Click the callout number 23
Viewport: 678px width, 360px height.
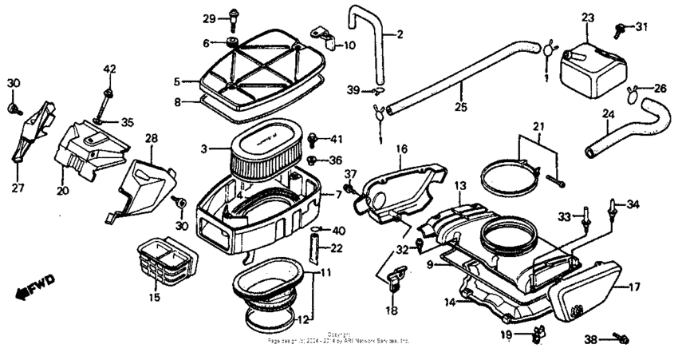(587, 17)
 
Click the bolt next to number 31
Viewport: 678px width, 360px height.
(620, 30)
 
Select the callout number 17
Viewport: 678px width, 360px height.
(635, 286)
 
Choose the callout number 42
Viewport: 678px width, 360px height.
(109, 69)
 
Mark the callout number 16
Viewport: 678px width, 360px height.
(400, 149)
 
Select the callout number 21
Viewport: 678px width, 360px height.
(539, 128)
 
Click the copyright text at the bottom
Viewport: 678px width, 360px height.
(339, 338)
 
